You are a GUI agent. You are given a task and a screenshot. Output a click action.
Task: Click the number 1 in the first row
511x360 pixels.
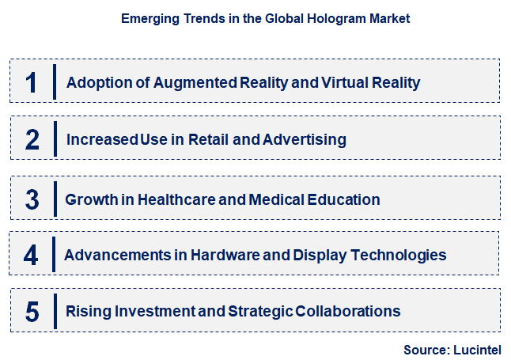[x=31, y=81]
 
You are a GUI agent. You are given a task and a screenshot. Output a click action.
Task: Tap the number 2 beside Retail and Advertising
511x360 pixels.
[x=32, y=140]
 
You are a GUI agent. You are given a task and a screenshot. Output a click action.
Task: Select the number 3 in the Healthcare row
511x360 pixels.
[x=32, y=199]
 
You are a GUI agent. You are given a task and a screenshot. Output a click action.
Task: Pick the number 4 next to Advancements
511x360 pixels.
[x=31, y=255]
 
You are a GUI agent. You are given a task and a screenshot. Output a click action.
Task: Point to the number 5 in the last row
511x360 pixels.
[x=32, y=311]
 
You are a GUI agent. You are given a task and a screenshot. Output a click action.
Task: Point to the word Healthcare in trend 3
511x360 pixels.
[x=173, y=199]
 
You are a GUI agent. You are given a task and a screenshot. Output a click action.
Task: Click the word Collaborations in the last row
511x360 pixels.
[x=349, y=311]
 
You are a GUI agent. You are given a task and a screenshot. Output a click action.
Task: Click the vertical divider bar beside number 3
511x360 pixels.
[x=54, y=199]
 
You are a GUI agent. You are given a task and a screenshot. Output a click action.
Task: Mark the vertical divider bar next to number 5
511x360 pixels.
[x=54, y=310]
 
